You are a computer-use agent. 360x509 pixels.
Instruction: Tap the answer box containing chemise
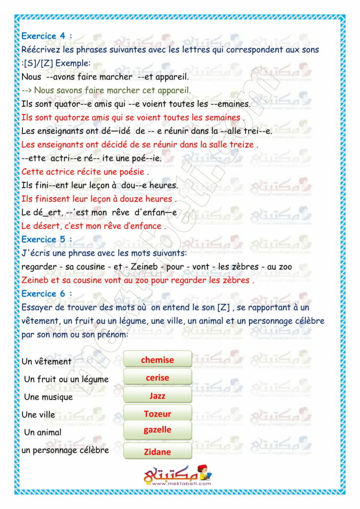click(157, 359)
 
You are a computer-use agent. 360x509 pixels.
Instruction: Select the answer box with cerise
click(157, 378)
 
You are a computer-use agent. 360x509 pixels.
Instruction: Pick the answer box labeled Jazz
click(157, 396)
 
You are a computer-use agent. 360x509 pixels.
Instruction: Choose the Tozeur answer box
click(157, 414)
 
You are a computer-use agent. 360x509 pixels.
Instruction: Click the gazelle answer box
click(157, 429)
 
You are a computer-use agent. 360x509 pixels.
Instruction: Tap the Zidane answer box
click(157, 452)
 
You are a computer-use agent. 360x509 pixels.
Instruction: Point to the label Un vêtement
click(47, 361)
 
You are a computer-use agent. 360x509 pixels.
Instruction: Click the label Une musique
click(48, 397)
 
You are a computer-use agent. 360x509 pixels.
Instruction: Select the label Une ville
click(38, 414)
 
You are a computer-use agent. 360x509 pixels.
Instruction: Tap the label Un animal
click(43, 432)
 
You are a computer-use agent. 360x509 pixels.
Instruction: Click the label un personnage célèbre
click(65, 450)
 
